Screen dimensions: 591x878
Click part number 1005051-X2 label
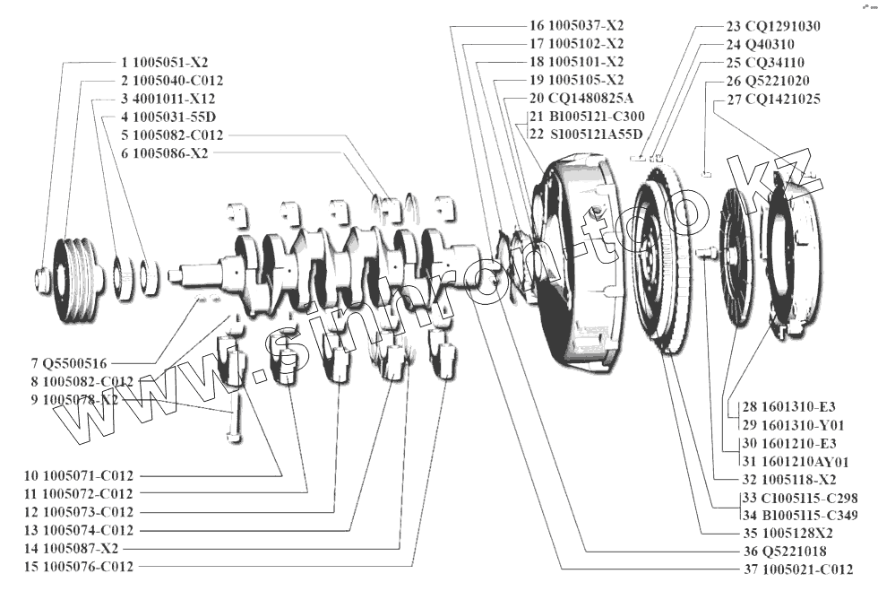click(170, 64)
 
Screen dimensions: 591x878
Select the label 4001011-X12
click(173, 99)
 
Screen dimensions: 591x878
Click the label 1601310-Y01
click(796, 424)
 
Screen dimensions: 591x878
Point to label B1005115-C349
click(801, 515)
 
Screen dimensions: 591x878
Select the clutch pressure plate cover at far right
click(793, 256)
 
